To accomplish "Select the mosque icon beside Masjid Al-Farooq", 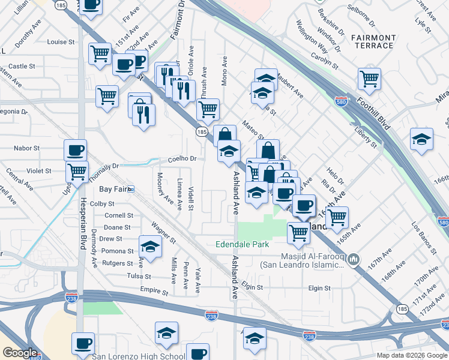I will (354, 259).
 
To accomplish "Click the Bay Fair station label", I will (116, 189).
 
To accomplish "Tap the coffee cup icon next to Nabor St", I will (76, 149).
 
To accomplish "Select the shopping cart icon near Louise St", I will (99, 53).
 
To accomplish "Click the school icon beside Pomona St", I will (150, 246).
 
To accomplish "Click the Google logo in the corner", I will (19, 353).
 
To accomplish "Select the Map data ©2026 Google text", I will (412, 355).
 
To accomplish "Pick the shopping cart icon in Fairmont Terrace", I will (369, 78).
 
